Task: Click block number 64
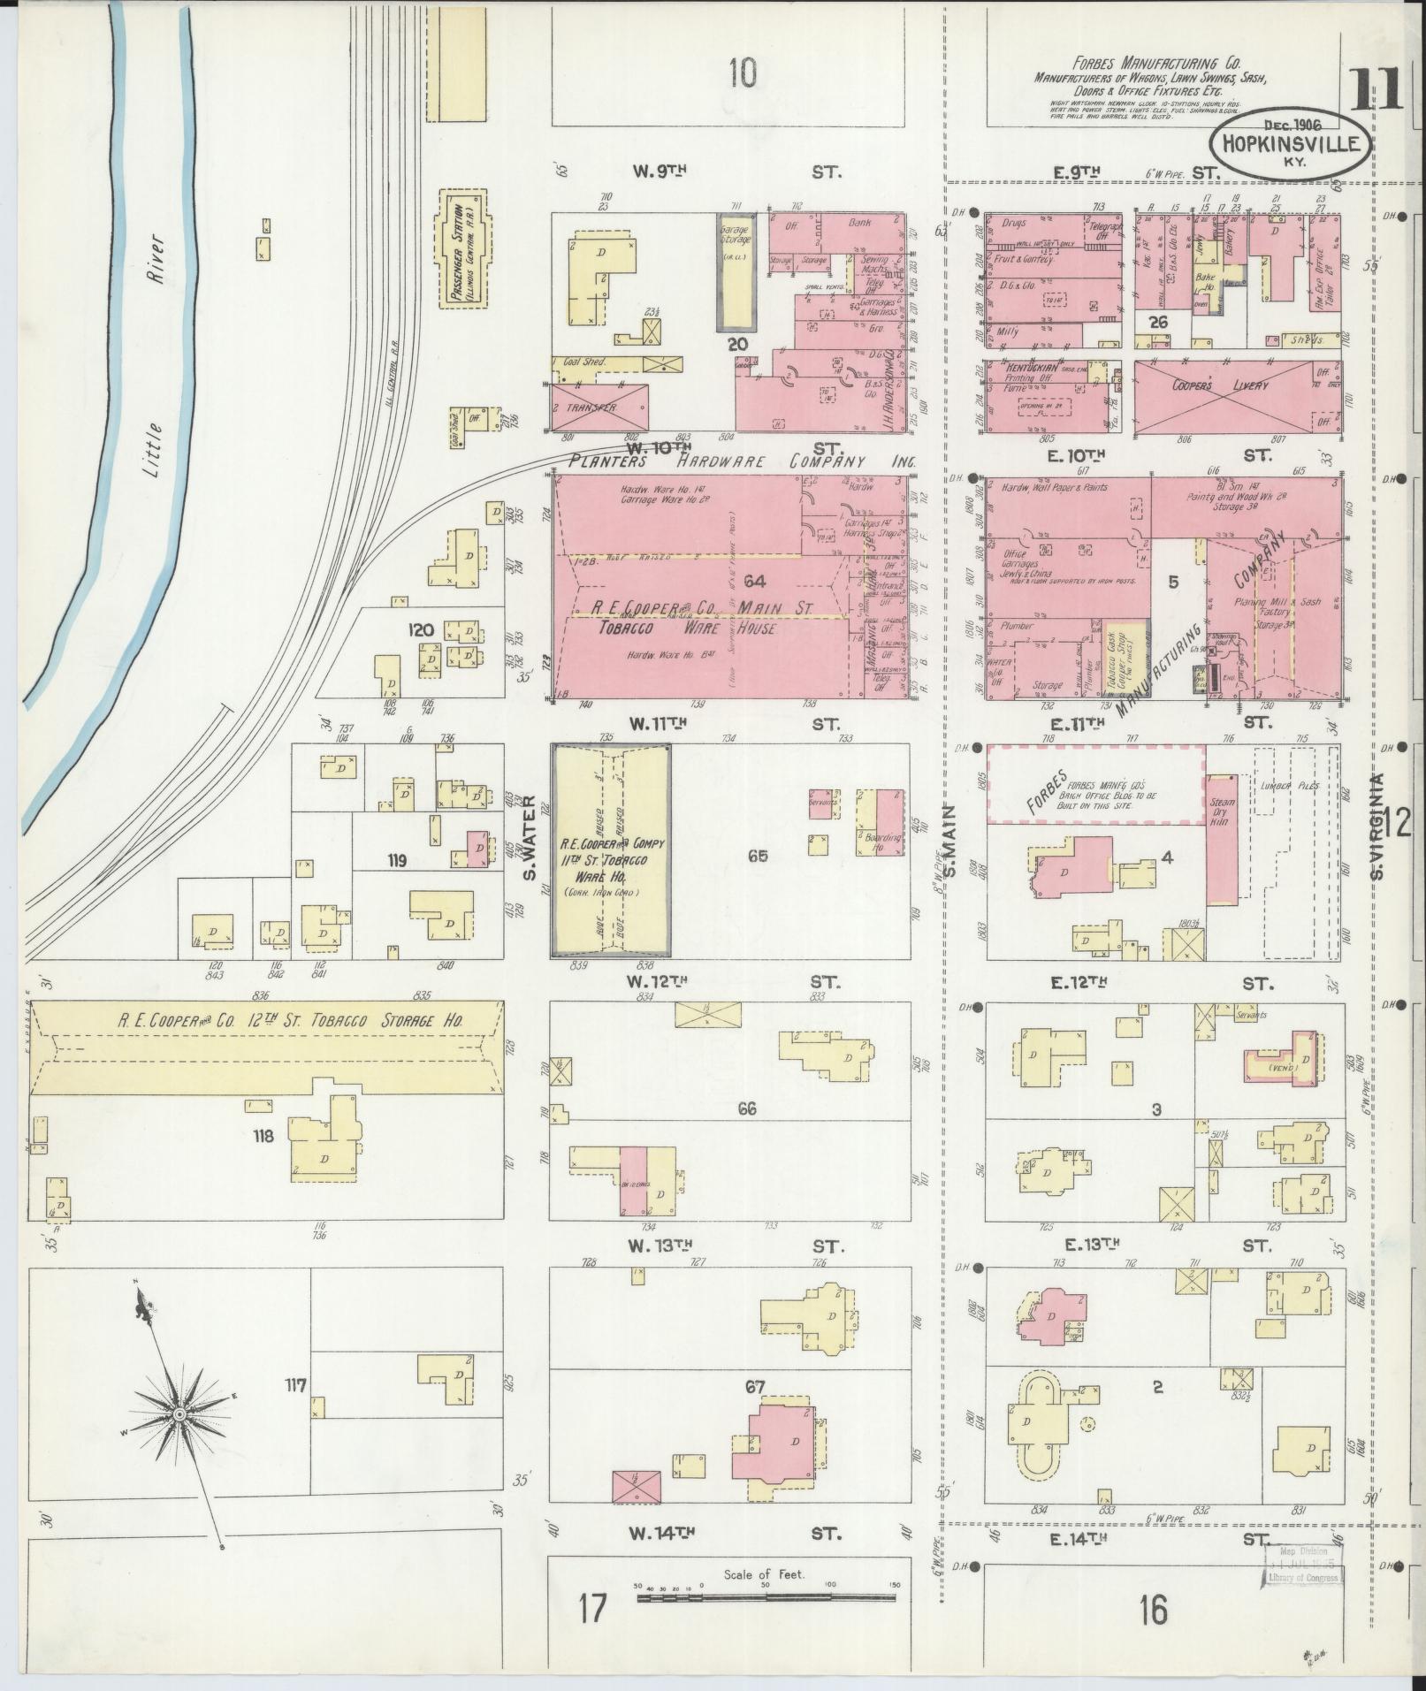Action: pos(754,581)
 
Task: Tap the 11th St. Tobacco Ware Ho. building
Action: pos(611,849)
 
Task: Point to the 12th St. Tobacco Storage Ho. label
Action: pos(292,1021)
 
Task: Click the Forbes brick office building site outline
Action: pos(1094,783)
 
